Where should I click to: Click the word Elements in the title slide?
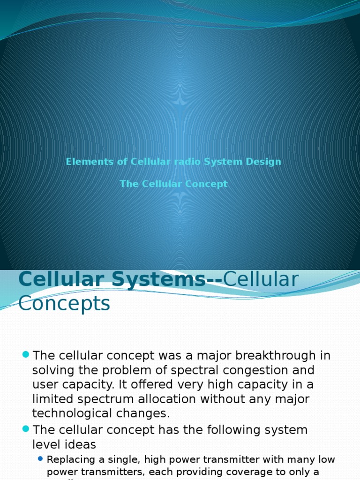(83, 162)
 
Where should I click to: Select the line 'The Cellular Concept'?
(173, 184)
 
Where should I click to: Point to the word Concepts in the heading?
(64, 304)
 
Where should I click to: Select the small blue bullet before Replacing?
(40, 458)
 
